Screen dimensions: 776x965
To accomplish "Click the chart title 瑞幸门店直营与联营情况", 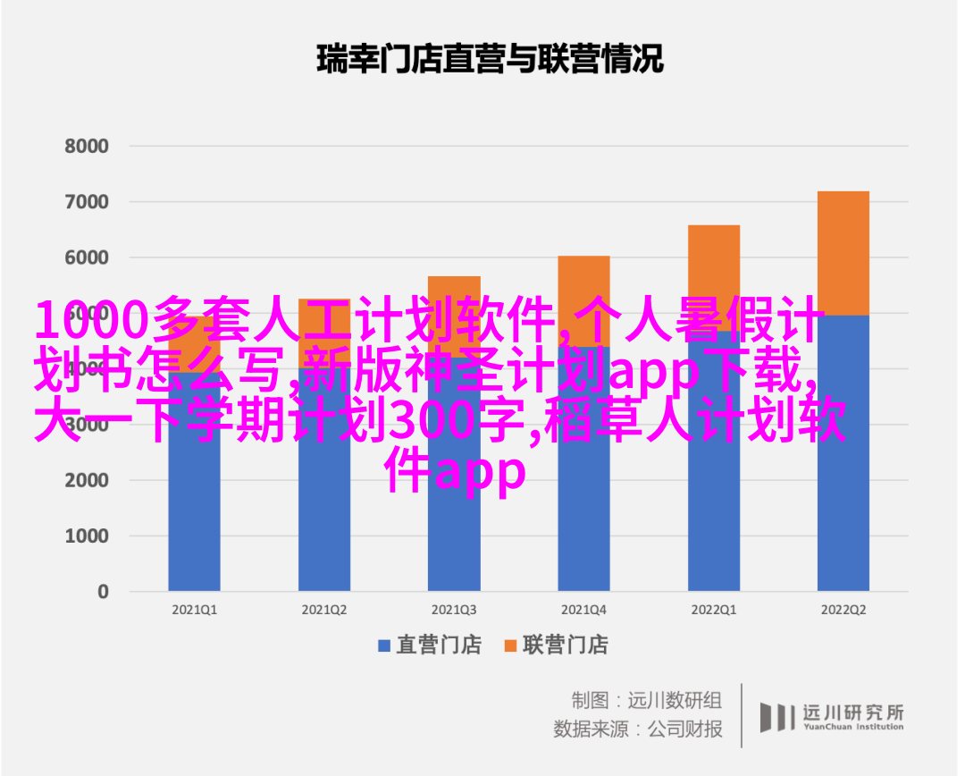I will tap(490, 60).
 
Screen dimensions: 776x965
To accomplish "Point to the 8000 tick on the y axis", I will tap(87, 146).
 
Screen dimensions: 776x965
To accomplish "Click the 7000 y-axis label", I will tap(87, 202).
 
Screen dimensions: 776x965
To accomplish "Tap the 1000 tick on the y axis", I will tap(87, 536).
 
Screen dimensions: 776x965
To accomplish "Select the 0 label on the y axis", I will tap(103, 591).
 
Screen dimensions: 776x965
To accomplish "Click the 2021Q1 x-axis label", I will tap(194, 609).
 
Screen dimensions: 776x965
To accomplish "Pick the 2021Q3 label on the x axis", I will tap(454, 609).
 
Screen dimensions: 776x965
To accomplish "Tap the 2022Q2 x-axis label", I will tap(843, 609).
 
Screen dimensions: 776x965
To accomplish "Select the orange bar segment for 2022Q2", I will tap(843, 253).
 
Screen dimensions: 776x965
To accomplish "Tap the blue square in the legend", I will tap(384, 645).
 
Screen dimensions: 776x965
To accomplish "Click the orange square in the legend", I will tap(511, 645).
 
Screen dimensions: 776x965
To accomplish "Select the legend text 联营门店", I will tap(566, 645).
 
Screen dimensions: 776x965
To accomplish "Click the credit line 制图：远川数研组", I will tap(647, 700).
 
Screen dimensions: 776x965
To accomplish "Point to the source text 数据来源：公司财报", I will tap(638, 729).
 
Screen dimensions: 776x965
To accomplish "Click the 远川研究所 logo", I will tap(832, 715).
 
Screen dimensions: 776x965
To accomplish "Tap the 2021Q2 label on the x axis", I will tap(324, 609).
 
